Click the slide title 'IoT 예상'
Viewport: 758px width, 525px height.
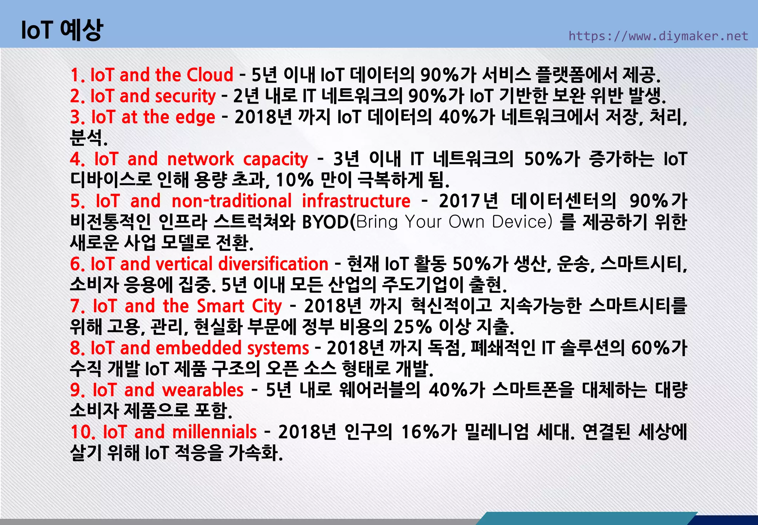[x=62, y=30]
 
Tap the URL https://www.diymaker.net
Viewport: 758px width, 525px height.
[x=658, y=36]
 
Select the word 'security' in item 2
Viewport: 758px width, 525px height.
[x=185, y=96]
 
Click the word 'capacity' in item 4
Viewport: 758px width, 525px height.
[x=275, y=159]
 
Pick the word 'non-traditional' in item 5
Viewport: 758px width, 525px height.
[x=232, y=201]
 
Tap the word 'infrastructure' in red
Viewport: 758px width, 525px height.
[x=356, y=201]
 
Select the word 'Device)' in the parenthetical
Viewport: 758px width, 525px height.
[x=522, y=222]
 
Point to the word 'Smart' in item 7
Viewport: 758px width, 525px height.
[x=221, y=306]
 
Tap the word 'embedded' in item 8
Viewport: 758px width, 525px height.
[x=199, y=348]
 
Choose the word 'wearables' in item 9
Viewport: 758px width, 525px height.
[x=203, y=390]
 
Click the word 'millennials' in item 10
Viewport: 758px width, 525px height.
[x=214, y=432]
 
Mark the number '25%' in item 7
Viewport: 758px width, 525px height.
[x=412, y=327]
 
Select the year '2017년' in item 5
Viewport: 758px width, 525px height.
[x=469, y=201]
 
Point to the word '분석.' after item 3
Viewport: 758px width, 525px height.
[x=89, y=138]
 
